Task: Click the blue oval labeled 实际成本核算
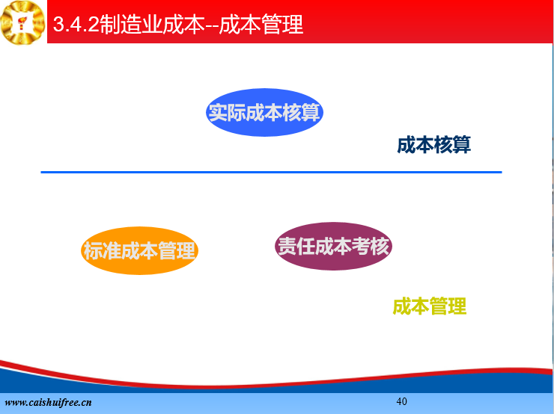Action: tap(264, 113)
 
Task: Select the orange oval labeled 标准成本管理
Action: tap(139, 251)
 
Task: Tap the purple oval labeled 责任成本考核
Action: tap(334, 246)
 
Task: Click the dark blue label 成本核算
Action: tap(434, 144)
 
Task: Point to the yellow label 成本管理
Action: tap(430, 306)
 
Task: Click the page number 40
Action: tap(402, 401)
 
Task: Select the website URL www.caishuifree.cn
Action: tap(49, 402)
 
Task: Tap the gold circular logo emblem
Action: tap(23, 22)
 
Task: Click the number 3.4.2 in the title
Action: tap(76, 25)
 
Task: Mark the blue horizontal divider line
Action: tap(271, 172)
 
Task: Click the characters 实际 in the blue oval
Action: tap(227, 113)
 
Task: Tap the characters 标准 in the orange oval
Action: tap(102, 251)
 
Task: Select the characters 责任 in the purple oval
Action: tap(296, 246)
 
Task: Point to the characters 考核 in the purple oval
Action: tap(371, 246)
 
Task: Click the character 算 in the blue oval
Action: tap(311, 113)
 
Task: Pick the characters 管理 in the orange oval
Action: tap(177, 251)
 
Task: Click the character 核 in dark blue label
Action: tap(443, 144)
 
